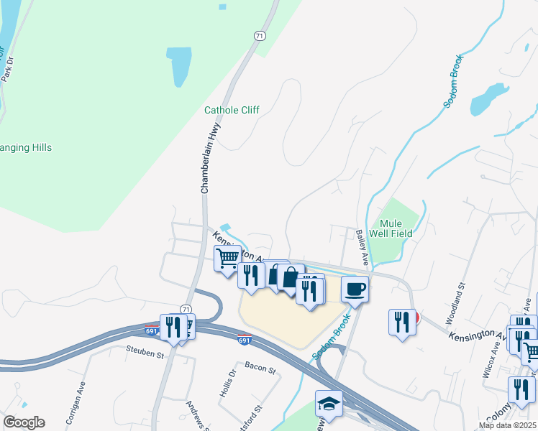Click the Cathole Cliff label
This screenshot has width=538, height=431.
[232, 110]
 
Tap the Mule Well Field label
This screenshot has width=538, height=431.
[391, 228]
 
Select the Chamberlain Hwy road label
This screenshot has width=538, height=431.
[209, 158]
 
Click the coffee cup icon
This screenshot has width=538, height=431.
[355, 289]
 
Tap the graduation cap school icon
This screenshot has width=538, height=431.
[329, 403]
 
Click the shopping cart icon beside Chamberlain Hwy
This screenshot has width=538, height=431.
[228, 257]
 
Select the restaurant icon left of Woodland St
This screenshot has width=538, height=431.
[403, 320]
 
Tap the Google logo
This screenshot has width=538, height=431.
[23, 422]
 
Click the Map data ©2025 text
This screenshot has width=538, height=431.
[507, 425]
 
